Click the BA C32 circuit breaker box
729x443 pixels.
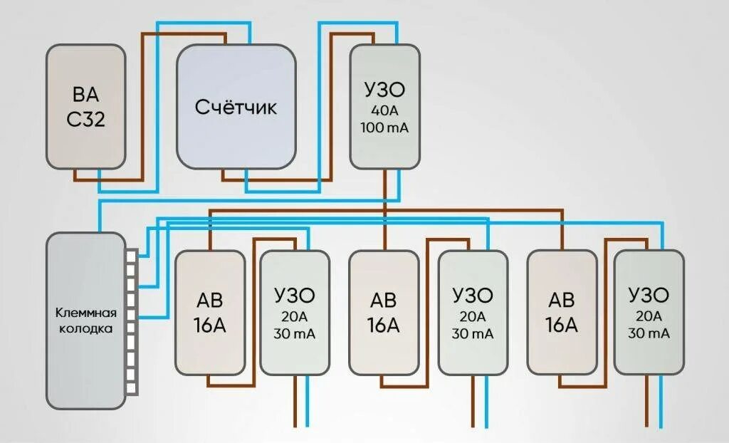[x=86, y=107]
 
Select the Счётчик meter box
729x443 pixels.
[x=236, y=107]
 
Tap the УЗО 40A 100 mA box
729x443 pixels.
[x=384, y=107]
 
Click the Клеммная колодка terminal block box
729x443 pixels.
[x=85, y=320]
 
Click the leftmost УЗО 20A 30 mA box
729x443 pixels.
[x=295, y=313]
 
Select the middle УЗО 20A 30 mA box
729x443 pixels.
[x=473, y=313]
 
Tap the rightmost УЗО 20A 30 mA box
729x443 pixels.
[x=649, y=313]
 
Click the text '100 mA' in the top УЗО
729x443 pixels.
[x=384, y=129]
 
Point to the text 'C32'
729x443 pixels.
[x=86, y=119]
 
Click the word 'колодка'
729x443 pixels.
[x=86, y=330]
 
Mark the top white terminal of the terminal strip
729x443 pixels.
[x=132, y=255]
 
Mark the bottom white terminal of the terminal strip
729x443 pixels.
[x=132, y=387]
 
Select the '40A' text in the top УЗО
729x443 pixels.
[x=384, y=111]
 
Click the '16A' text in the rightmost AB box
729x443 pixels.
[x=562, y=325]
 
